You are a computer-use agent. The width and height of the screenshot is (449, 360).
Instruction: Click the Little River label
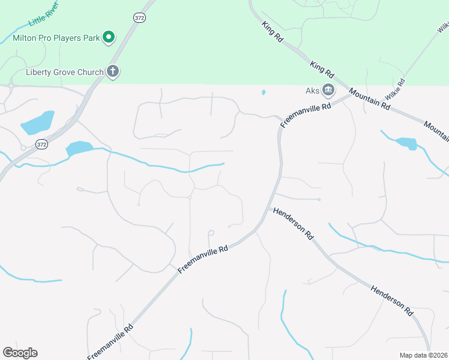[44, 17]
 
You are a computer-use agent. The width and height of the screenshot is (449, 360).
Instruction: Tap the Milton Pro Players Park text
[56, 38]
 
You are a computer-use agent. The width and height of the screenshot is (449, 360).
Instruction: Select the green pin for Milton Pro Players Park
[109, 37]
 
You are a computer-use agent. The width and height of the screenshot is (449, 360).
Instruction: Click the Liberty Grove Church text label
[65, 72]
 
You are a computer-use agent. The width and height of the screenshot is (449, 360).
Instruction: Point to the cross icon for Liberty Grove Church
[112, 71]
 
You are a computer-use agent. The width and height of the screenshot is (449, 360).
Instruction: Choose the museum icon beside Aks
[328, 91]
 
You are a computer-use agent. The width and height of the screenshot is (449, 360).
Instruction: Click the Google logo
[20, 353]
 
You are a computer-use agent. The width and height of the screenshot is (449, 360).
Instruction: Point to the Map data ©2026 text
[423, 355]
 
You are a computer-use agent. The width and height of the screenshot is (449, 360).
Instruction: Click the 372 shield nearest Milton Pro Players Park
[139, 18]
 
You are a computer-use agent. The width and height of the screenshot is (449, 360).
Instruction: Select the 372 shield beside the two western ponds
[41, 144]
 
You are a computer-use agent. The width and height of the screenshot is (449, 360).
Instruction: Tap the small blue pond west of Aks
[263, 92]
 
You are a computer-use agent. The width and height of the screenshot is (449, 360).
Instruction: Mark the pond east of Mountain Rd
[406, 143]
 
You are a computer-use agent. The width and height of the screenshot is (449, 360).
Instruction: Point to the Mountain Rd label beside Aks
[370, 99]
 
